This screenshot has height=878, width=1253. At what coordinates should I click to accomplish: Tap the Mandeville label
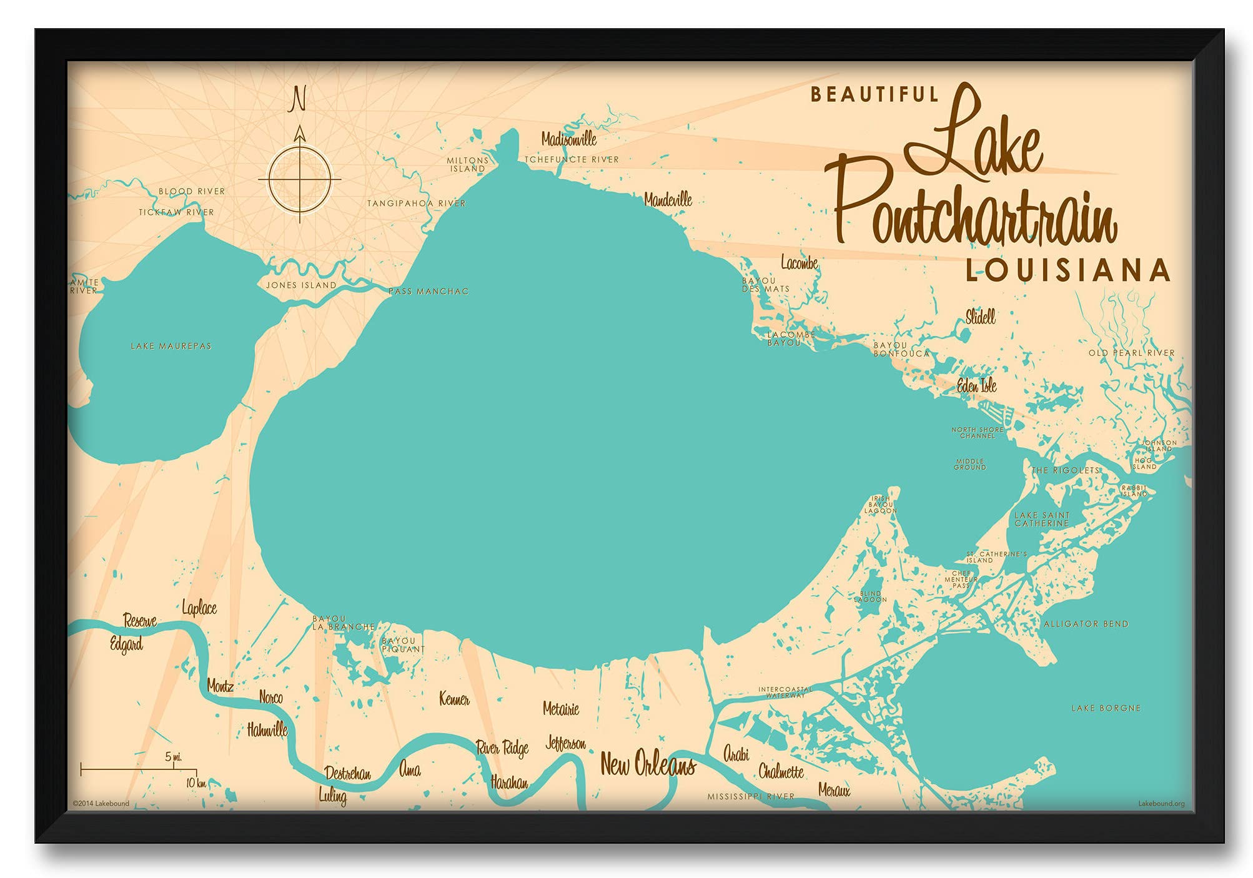[668, 200]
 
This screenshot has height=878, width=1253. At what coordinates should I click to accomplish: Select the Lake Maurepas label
[171, 346]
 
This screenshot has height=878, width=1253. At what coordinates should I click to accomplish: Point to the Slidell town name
[980, 317]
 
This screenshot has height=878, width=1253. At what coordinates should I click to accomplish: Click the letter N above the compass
[299, 100]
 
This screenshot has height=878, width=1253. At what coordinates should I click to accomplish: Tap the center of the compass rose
[300, 179]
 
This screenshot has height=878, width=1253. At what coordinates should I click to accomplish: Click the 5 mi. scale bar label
[174, 757]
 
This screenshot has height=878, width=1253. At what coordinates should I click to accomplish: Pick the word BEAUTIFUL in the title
[874, 95]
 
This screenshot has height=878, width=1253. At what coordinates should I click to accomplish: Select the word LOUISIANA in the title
[1067, 270]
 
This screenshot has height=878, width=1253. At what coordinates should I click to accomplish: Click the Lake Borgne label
[1106, 708]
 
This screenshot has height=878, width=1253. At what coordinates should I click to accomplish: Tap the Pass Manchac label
[428, 292]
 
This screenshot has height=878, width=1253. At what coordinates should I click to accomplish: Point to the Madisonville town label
[568, 139]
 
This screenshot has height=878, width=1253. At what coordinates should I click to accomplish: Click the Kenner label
[454, 699]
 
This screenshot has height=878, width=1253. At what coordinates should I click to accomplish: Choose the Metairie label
[560, 709]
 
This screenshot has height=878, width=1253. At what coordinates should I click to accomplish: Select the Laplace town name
[199, 608]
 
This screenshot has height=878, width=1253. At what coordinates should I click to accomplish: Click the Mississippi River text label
[751, 797]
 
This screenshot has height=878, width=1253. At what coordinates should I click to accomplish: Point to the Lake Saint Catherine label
[1042, 520]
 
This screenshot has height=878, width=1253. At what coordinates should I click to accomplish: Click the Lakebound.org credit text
[1161, 804]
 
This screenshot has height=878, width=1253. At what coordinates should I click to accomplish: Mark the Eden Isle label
[976, 386]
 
